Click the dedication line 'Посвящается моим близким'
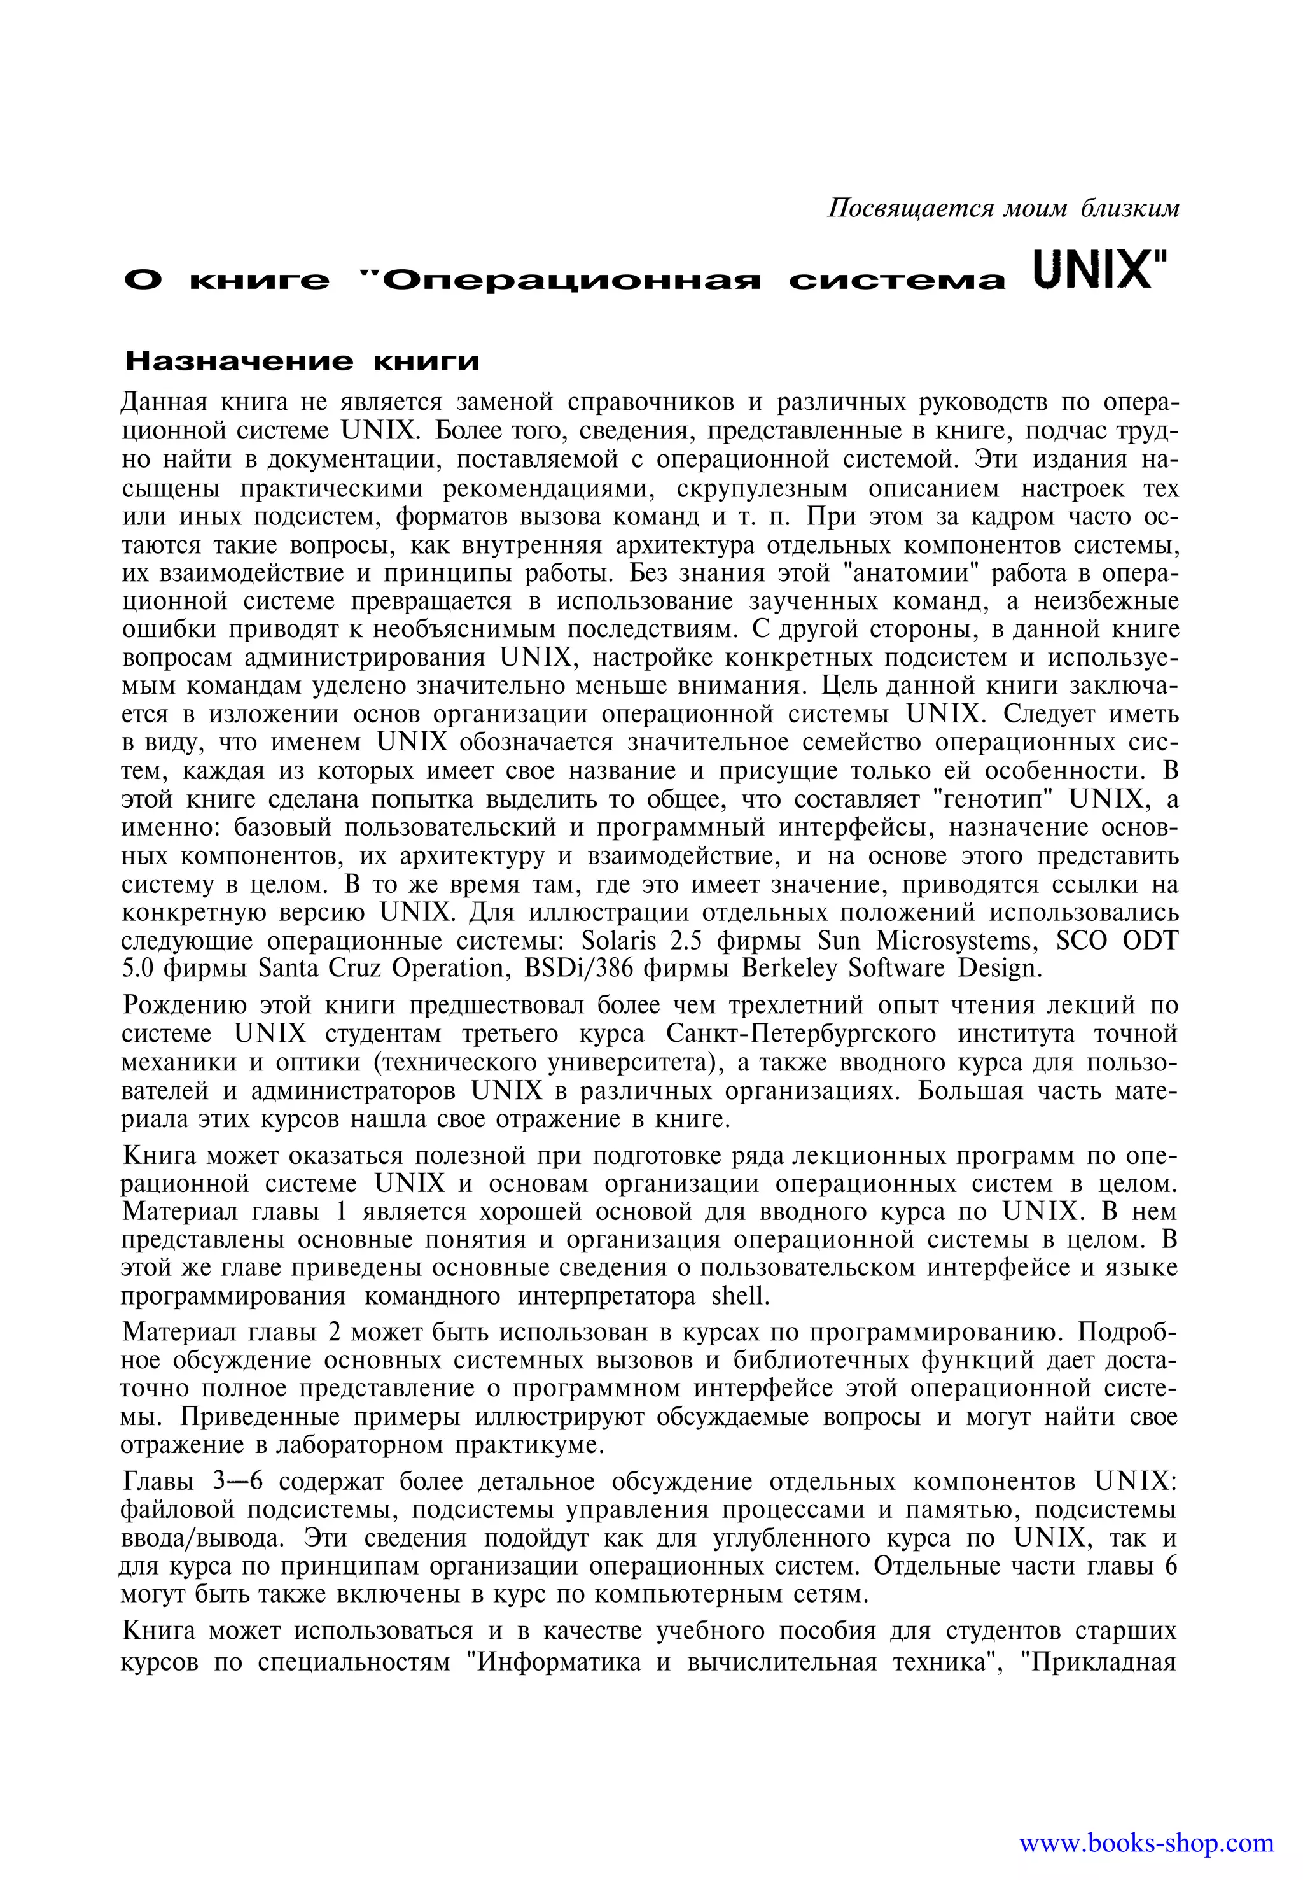pyautogui.click(x=1003, y=208)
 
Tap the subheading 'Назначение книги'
pyautogui.click(x=300, y=361)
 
